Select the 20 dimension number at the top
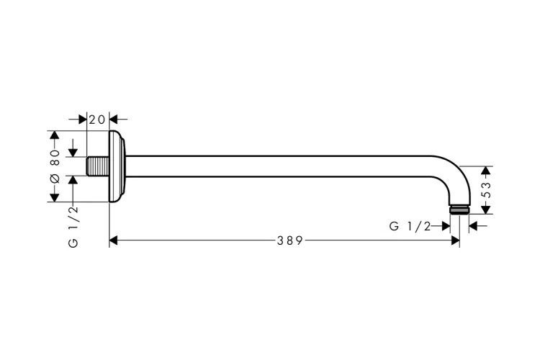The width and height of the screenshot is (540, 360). tap(97, 119)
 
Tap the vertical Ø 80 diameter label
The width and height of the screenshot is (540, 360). tap(54, 166)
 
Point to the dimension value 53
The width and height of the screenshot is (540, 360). tap(486, 190)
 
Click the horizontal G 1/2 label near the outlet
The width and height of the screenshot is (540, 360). tap(409, 226)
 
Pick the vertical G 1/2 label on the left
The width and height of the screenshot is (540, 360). tap(73, 225)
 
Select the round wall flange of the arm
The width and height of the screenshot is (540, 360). tap(117, 166)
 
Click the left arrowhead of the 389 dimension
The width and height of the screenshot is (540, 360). tap(114, 240)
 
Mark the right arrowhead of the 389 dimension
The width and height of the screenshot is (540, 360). tap(455, 240)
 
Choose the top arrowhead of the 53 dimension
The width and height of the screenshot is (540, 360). tap(486, 171)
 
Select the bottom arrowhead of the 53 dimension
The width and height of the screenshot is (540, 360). tap(486, 209)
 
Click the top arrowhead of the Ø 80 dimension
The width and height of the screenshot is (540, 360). tap(54, 136)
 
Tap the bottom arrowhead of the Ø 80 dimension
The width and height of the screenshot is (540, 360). tap(54, 197)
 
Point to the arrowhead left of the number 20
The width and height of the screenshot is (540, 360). tap(82, 119)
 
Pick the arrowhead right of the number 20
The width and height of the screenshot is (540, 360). tap(114, 119)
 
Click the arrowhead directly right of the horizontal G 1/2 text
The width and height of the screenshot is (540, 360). tap(445, 226)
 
